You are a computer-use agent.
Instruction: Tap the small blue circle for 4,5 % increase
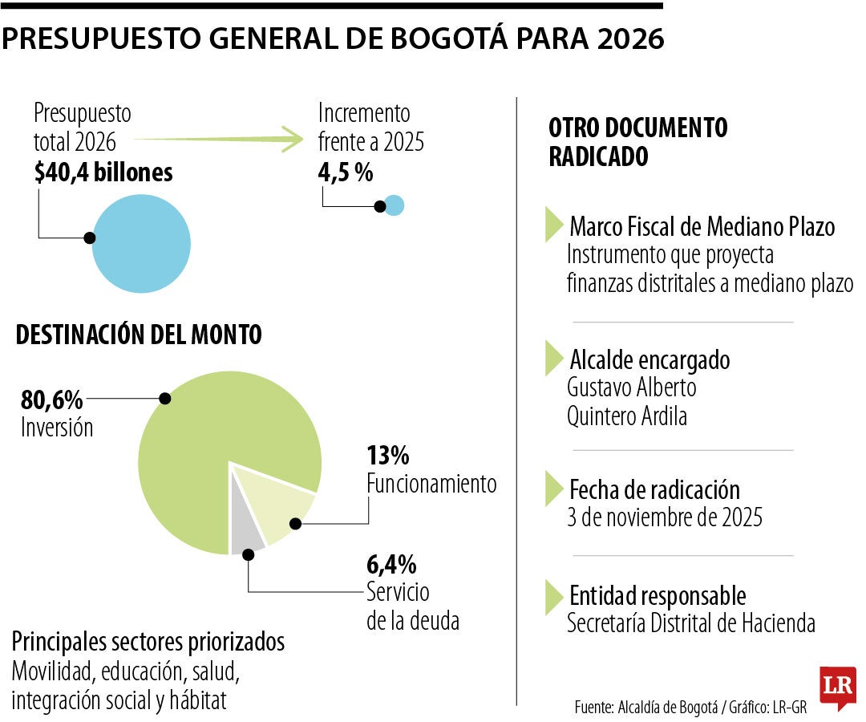pyautogui.click(x=394, y=205)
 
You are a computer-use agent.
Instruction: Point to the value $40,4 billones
pyautogui.click(x=103, y=172)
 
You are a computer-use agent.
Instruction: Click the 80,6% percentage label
pyautogui.click(x=50, y=399)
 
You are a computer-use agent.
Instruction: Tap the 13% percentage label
pyautogui.click(x=388, y=456)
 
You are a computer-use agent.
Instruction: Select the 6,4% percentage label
pyautogui.click(x=391, y=564)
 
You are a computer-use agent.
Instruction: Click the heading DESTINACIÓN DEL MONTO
pyautogui.click(x=139, y=335)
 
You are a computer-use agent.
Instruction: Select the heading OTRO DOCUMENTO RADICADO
pyautogui.click(x=637, y=142)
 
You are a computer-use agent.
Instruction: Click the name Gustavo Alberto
pyautogui.click(x=631, y=387)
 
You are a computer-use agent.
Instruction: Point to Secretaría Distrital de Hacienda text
pyautogui.click(x=690, y=623)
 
